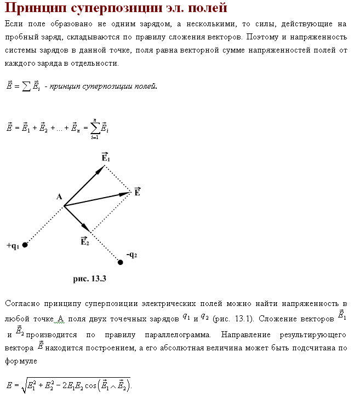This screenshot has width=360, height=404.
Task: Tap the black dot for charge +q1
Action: [x=25, y=245]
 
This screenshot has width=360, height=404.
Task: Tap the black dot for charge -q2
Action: [x=121, y=262]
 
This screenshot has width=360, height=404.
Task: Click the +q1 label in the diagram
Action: [x=13, y=246]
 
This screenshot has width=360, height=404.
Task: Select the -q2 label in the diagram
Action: [x=132, y=255]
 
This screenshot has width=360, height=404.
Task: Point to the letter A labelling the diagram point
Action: [x=59, y=197]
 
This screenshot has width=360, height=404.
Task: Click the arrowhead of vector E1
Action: [x=101, y=170]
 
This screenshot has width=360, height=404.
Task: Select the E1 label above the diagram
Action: [x=106, y=157]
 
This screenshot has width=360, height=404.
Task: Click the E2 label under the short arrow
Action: [x=84, y=241]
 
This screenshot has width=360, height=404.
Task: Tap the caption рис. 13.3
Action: [x=89, y=279]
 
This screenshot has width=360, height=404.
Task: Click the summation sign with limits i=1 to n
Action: [x=94, y=129]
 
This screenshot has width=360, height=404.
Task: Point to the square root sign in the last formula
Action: [x=23, y=385]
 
